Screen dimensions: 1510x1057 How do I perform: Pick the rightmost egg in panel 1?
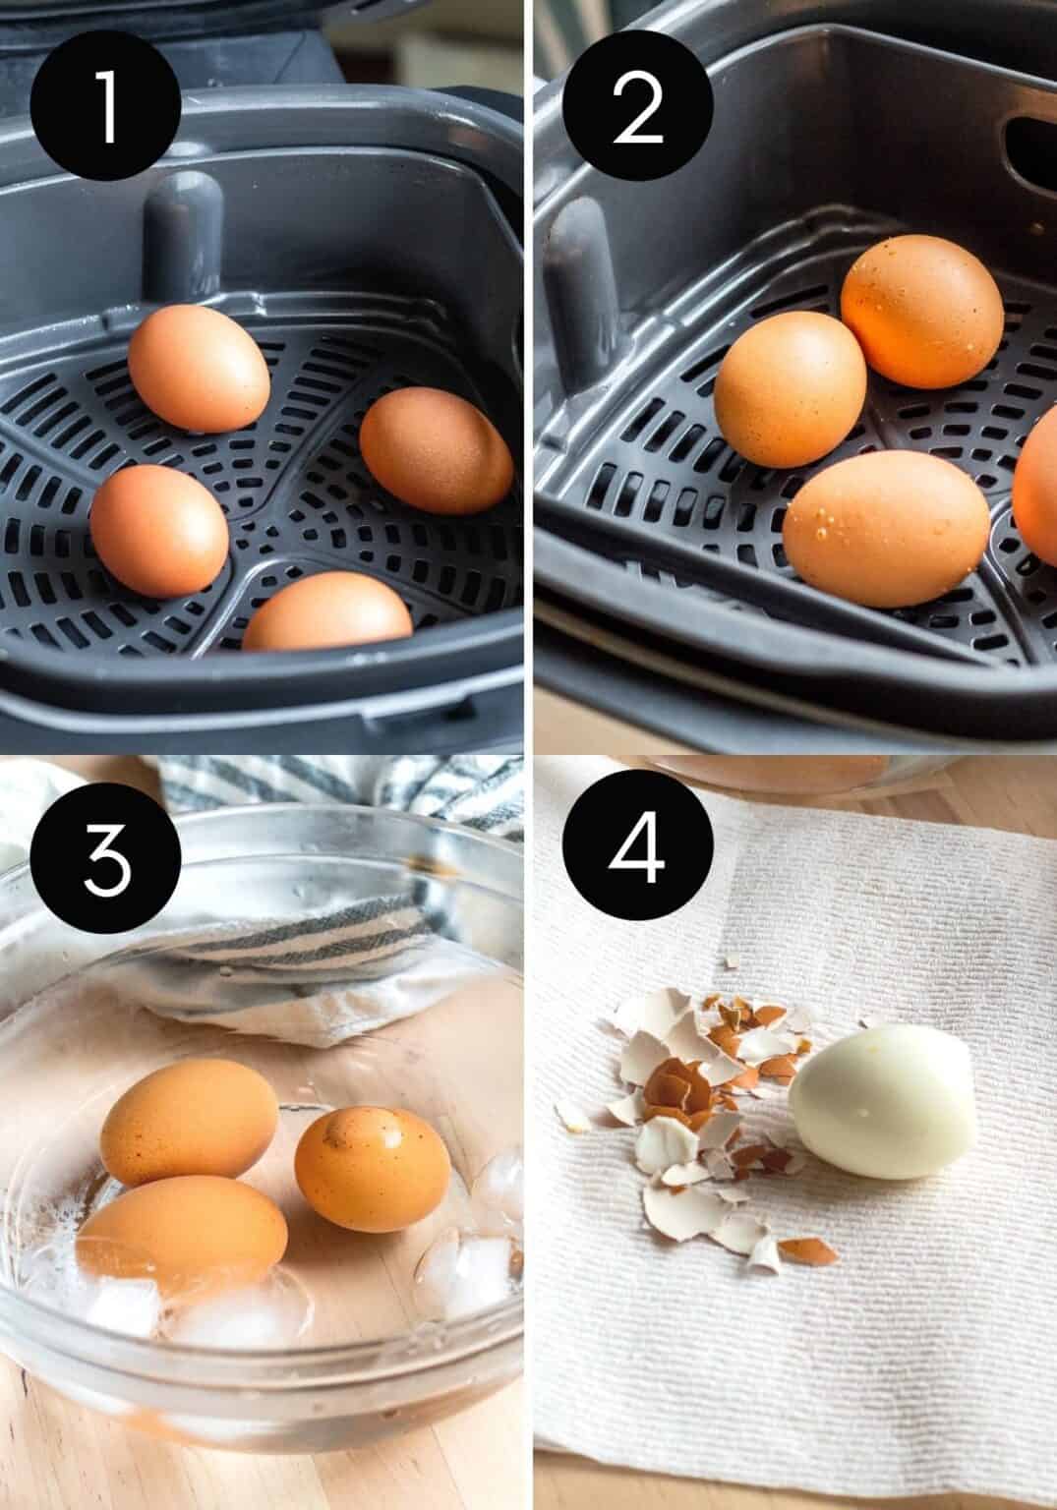pyautogui.click(x=436, y=449)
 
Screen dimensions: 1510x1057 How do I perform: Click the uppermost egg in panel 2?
pyautogui.click(x=921, y=312)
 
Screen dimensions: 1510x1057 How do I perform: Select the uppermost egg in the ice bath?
pyautogui.click(x=189, y=1122)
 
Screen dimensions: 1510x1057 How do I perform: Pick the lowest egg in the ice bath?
pyautogui.click(x=183, y=1236)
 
